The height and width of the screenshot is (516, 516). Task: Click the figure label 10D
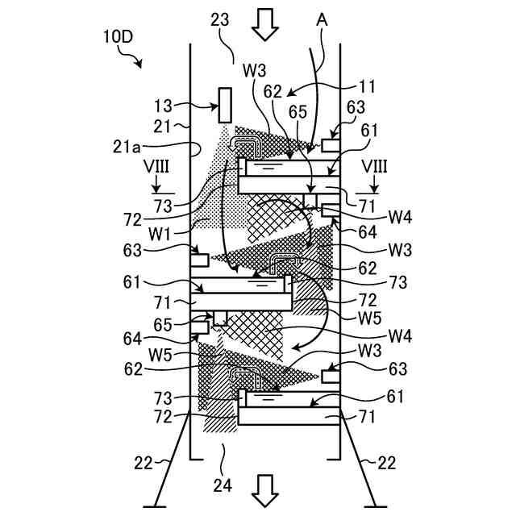(117, 37)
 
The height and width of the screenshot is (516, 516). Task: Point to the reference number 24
(222, 485)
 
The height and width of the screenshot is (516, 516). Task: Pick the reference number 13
(164, 105)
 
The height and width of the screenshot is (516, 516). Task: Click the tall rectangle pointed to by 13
(224, 105)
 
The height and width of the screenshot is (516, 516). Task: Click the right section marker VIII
(374, 166)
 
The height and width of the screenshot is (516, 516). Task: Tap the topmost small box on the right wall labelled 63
(331, 144)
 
